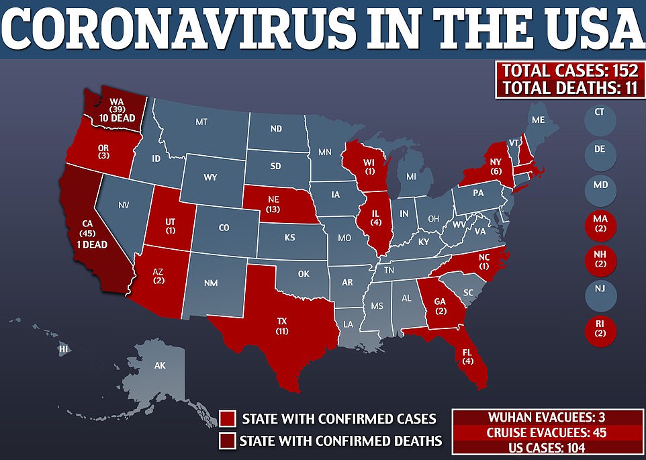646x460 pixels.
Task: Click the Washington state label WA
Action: (x=117, y=103)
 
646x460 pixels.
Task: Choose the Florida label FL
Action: (x=465, y=350)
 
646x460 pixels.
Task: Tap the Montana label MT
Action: (x=201, y=122)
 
